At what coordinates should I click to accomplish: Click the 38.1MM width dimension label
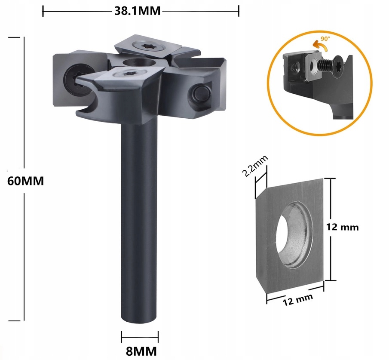click(x=137, y=11)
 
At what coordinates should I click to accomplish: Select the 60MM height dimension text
click(x=26, y=181)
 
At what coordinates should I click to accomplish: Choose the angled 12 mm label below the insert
click(x=297, y=298)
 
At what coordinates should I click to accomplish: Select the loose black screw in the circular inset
click(x=329, y=65)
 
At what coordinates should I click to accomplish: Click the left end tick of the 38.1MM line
click(x=43, y=11)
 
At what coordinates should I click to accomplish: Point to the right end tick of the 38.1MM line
click(x=239, y=11)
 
